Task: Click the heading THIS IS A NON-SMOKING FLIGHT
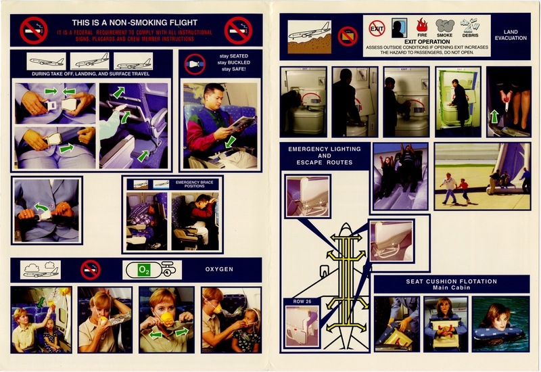(135, 22)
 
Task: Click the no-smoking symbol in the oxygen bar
(90, 269)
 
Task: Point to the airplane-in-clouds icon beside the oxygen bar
(41, 269)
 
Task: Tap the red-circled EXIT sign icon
(377, 28)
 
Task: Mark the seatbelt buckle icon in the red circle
(195, 64)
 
